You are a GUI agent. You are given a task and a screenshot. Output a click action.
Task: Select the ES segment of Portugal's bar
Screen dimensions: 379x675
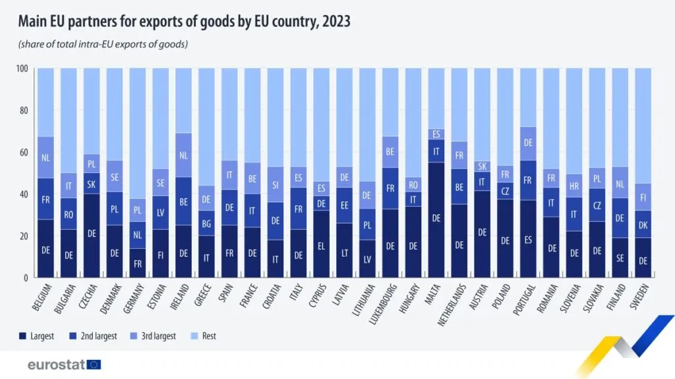tap(527, 239)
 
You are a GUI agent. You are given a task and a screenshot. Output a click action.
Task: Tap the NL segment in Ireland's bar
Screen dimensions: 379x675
tap(183, 155)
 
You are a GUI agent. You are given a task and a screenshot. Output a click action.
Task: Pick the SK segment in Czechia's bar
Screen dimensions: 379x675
tap(92, 184)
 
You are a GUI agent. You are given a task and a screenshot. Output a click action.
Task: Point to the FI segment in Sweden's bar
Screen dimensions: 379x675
tap(642, 197)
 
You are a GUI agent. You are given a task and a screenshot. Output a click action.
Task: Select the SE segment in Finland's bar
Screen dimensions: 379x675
tap(619, 258)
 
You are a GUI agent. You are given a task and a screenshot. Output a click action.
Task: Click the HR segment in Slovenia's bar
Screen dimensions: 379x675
tap(573, 186)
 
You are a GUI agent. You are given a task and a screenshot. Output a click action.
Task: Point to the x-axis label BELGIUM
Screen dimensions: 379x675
tap(43, 300)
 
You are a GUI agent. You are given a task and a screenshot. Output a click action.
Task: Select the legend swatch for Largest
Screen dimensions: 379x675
tap(22, 336)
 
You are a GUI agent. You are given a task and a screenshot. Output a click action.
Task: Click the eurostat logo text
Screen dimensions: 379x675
tap(55, 365)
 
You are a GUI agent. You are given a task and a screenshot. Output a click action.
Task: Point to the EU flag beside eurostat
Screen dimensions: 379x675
tap(94, 365)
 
